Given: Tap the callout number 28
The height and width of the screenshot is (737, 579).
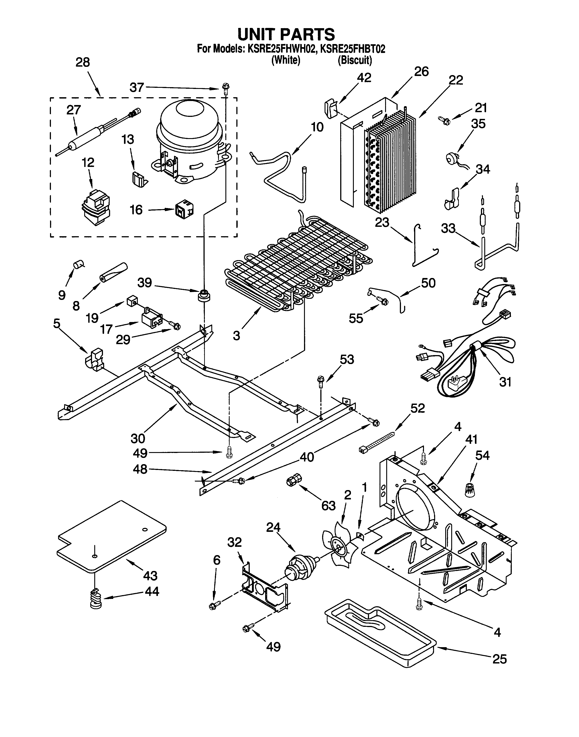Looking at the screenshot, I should [x=82, y=62].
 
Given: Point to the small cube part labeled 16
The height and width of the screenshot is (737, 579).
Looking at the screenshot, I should [x=184, y=211].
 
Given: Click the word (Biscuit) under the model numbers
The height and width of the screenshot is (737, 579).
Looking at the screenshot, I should [x=355, y=60].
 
